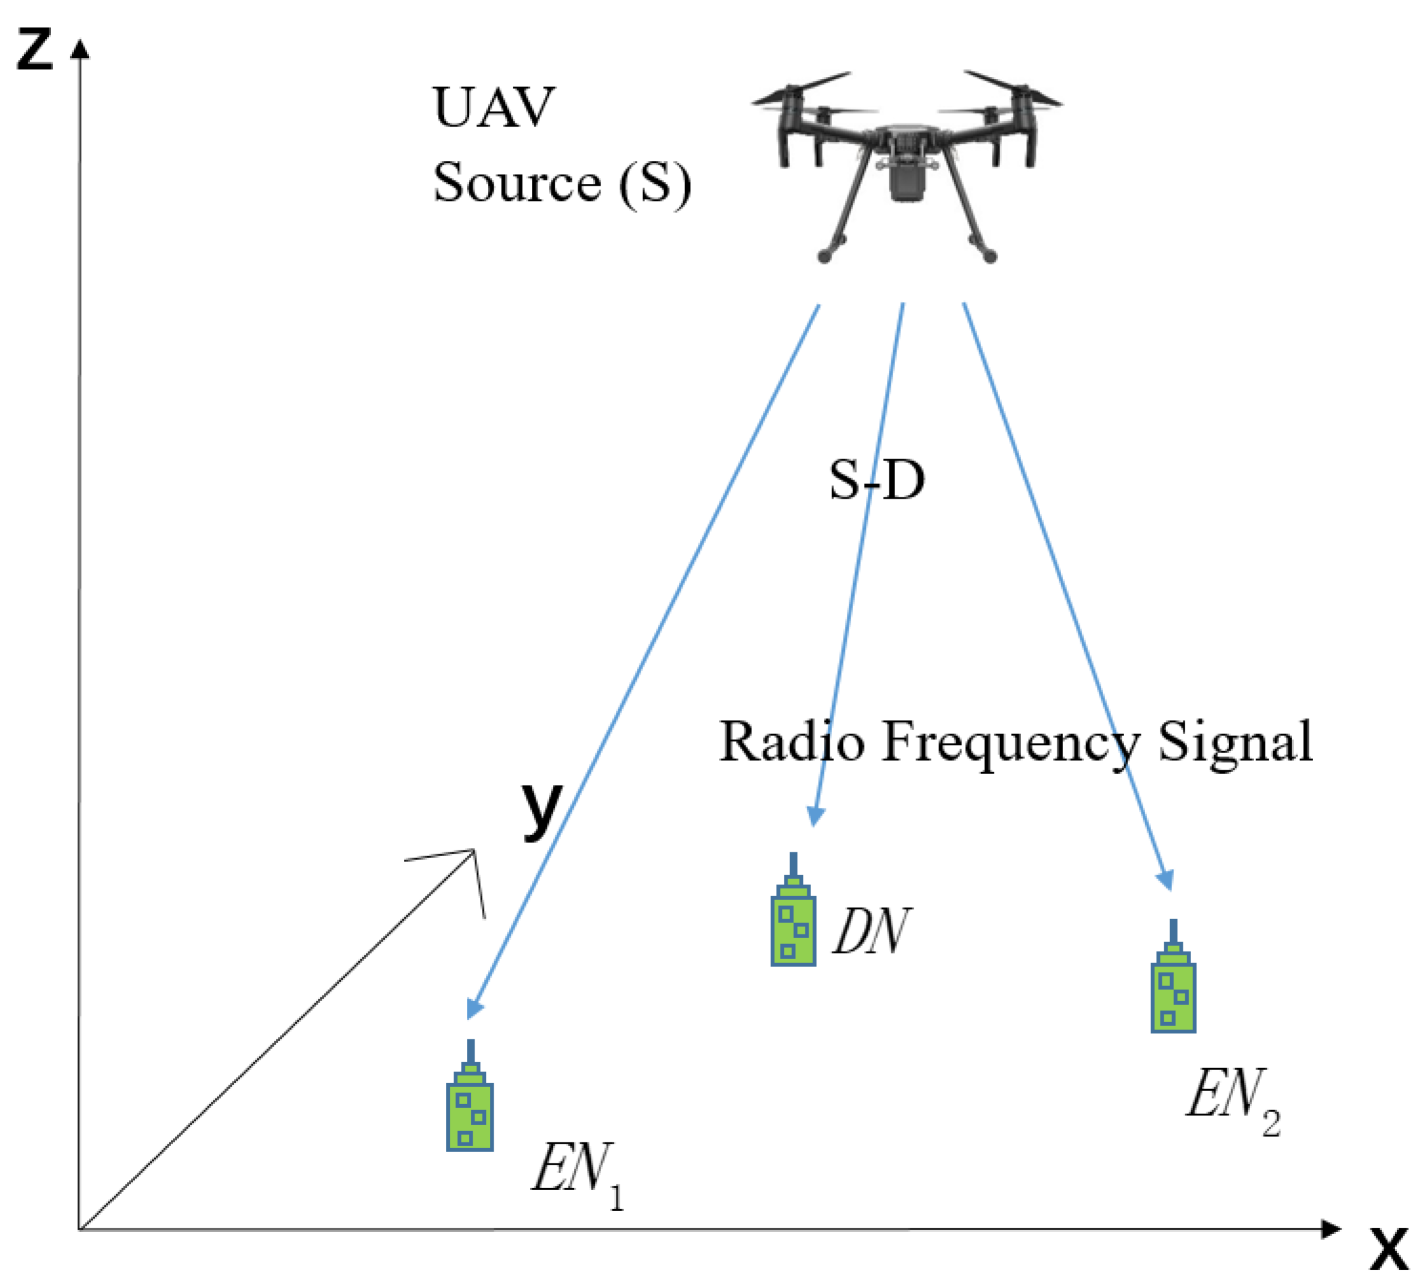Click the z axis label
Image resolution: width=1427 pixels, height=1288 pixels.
pyautogui.click(x=34, y=51)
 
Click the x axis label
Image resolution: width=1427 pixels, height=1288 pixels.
pyautogui.click(x=1389, y=1250)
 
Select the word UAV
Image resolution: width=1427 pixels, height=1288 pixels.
pyautogui.click(x=493, y=107)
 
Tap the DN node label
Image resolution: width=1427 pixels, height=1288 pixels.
pyautogui.click(x=870, y=931)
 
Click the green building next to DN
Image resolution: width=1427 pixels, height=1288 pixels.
pyautogui.click(x=793, y=920)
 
